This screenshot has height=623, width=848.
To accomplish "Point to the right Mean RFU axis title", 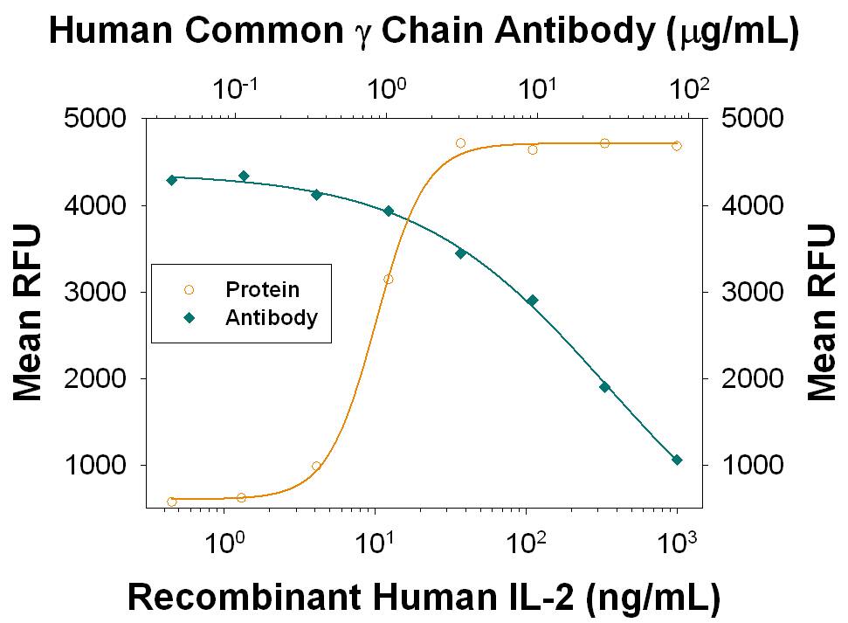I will click(x=821, y=312).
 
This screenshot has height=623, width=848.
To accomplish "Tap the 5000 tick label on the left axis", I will click(x=96, y=119).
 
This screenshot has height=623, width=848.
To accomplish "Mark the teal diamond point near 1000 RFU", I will click(x=677, y=460).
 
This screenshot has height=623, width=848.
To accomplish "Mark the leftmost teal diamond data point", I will click(x=172, y=180).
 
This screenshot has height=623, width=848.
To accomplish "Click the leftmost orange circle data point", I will click(x=172, y=502).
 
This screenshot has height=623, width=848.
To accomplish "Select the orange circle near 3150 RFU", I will click(x=389, y=280).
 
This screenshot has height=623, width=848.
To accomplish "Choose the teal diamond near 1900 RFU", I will click(x=604, y=387).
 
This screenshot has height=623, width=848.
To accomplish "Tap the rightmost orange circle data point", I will click(x=677, y=146).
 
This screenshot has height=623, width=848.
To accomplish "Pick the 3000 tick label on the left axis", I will click(x=96, y=292).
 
